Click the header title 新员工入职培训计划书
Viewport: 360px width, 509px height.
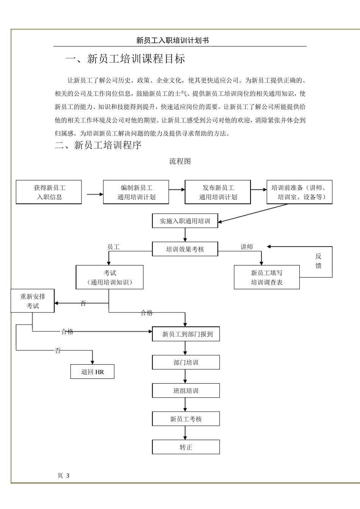(x=172, y=41)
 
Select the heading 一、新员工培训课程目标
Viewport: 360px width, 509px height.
(x=125, y=59)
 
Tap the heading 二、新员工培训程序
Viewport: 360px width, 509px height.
(x=98, y=145)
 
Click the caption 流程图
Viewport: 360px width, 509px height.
(x=180, y=161)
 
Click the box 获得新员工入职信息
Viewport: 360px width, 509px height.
(x=49, y=192)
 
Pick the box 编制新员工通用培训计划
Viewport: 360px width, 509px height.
(x=136, y=192)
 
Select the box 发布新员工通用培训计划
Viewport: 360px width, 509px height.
(x=218, y=192)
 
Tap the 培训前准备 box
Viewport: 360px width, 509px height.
(x=299, y=192)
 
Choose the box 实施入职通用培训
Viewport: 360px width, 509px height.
(x=185, y=221)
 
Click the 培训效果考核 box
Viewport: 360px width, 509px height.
(x=185, y=249)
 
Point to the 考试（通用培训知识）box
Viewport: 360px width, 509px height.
(x=110, y=278)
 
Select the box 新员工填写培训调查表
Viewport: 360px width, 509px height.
(x=267, y=278)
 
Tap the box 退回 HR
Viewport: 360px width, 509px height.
(x=92, y=372)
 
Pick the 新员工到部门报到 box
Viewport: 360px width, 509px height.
(x=186, y=334)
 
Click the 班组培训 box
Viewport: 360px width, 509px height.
(x=186, y=391)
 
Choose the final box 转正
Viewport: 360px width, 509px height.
(x=186, y=447)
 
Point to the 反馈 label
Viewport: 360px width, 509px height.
(x=318, y=261)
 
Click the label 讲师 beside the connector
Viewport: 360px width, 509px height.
(x=247, y=247)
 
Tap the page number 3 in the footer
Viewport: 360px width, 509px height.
(x=68, y=476)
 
